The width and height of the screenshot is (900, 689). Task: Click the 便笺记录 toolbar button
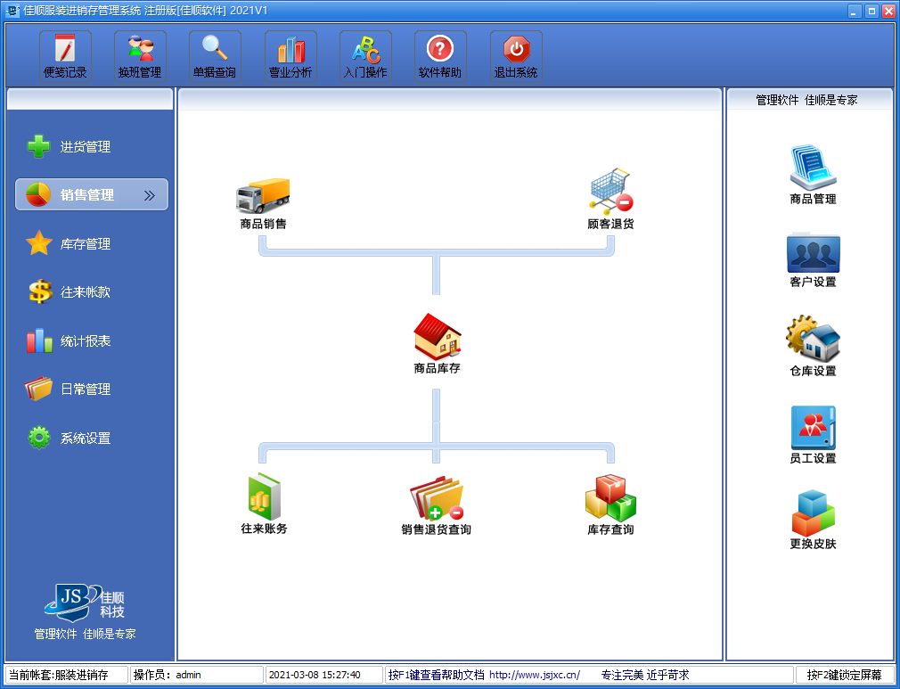pos(65,56)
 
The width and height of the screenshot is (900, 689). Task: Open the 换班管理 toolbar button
pos(140,56)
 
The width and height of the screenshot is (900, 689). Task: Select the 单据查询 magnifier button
pos(216,56)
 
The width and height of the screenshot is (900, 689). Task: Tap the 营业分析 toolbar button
pos(290,56)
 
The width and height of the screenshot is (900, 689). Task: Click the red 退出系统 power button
pos(516,56)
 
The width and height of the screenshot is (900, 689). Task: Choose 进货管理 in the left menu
pos(69,146)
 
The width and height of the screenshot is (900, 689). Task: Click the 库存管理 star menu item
pos(69,243)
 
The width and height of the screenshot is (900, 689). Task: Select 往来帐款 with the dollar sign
pos(69,291)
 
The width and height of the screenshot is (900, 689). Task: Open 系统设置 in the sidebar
pos(69,438)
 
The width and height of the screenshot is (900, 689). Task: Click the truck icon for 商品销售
pos(263,195)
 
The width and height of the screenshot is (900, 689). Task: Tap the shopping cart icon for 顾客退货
pos(610,191)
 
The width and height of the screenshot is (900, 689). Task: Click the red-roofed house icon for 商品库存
pos(438,336)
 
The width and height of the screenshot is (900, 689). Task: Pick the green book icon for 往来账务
pos(264,496)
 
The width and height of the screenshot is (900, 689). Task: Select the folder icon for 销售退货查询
pos(437,497)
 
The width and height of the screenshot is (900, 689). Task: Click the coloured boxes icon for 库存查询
pos(610,497)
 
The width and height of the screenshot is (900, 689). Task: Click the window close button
pos(888,11)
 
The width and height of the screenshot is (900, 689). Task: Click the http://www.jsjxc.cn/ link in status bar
pos(535,675)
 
